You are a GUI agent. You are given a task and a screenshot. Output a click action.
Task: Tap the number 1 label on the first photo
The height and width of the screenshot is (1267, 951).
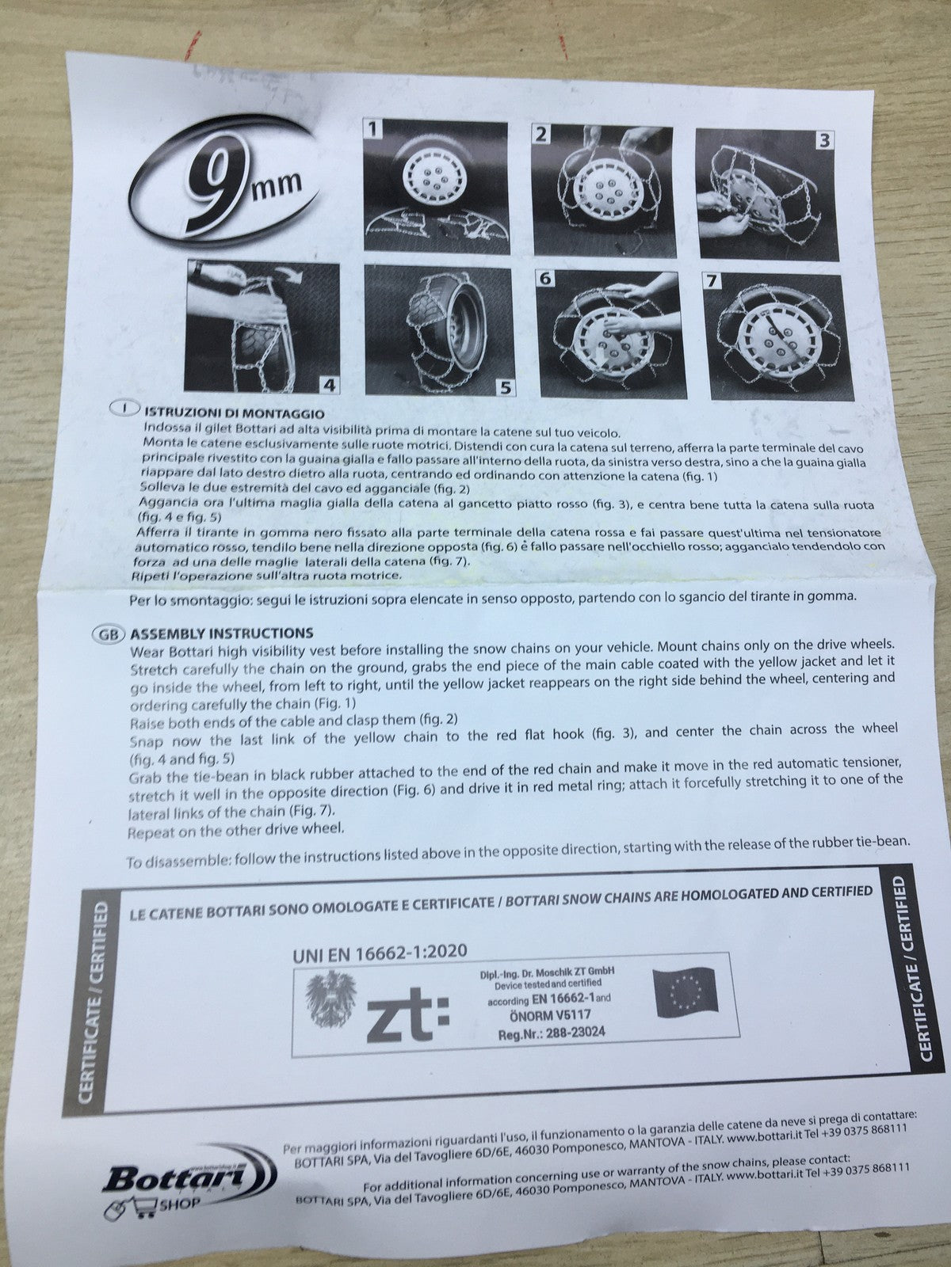pyautogui.click(x=372, y=129)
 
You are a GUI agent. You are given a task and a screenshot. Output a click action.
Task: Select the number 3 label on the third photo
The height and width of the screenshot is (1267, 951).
pyautogui.click(x=824, y=139)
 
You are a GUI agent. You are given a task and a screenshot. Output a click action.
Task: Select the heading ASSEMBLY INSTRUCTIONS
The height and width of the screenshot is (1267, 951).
pyautogui.click(x=222, y=633)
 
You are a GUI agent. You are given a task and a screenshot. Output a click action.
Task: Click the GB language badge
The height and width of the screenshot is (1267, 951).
pyautogui.click(x=108, y=633)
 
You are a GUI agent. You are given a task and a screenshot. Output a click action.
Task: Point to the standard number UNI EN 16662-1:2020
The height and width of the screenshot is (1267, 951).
pyautogui.click(x=380, y=953)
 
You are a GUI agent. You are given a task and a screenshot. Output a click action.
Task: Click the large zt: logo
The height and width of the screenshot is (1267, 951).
pyautogui.click(x=407, y=1013)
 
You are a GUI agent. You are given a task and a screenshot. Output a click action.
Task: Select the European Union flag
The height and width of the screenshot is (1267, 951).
pyautogui.click(x=686, y=989)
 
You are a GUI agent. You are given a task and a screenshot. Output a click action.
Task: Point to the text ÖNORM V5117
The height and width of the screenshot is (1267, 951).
pyautogui.click(x=550, y=1015)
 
